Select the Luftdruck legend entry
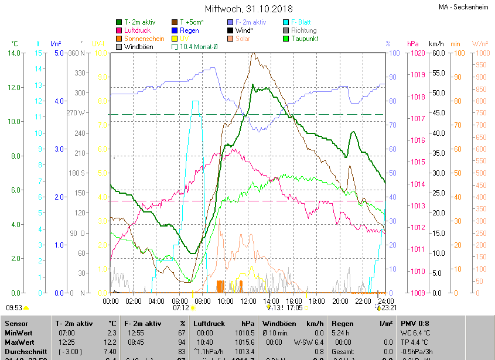pyautogui.click(x=137, y=30)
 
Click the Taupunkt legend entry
pyautogui.click(x=305, y=39)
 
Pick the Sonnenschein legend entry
pyautogui.click(x=144, y=39)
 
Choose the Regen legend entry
pyautogui.click(x=189, y=30)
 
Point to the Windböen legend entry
pyautogui.click(x=139, y=47)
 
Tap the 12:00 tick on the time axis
pyautogui.click(x=248, y=301)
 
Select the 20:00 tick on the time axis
pyautogui.click(x=340, y=301)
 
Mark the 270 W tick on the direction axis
pyautogui.click(x=77, y=112)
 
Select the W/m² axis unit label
pyautogui.click(x=479, y=44)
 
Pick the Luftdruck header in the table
pyautogui.click(x=209, y=323)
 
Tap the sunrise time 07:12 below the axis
pyautogui.click(x=181, y=307)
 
